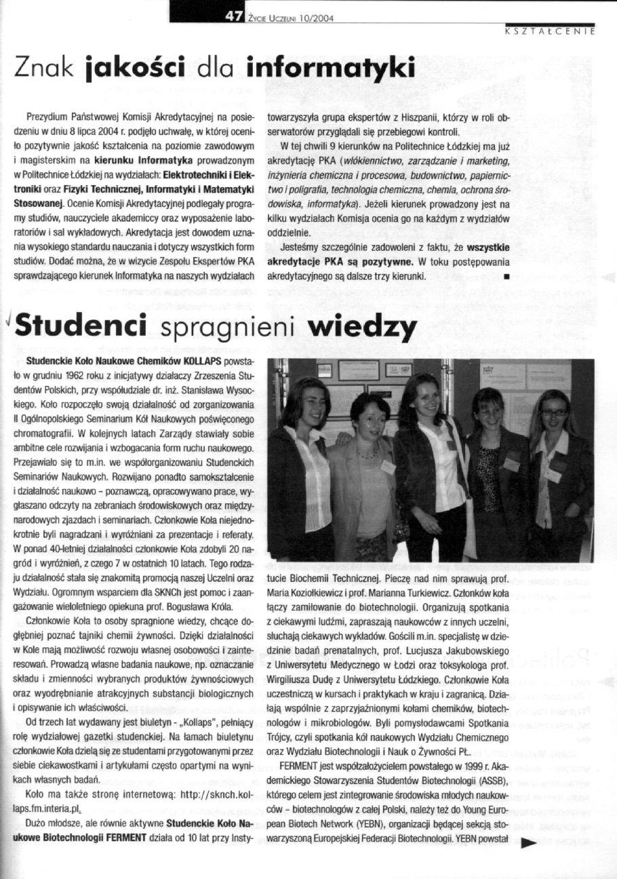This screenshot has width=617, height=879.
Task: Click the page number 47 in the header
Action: pyautogui.click(x=235, y=18)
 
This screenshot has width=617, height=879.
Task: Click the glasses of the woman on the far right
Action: pyautogui.click(x=554, y=412)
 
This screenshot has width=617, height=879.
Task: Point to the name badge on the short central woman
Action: pyautogui.click(x=388, y=467)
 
